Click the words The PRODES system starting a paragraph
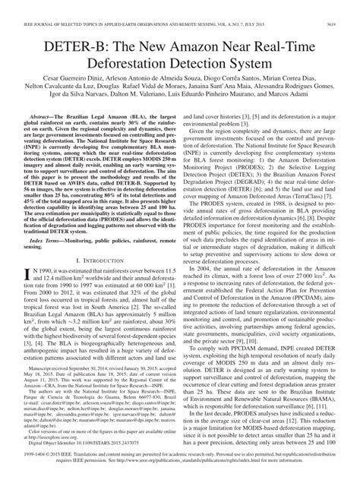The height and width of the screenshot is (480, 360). pos(220,225)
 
